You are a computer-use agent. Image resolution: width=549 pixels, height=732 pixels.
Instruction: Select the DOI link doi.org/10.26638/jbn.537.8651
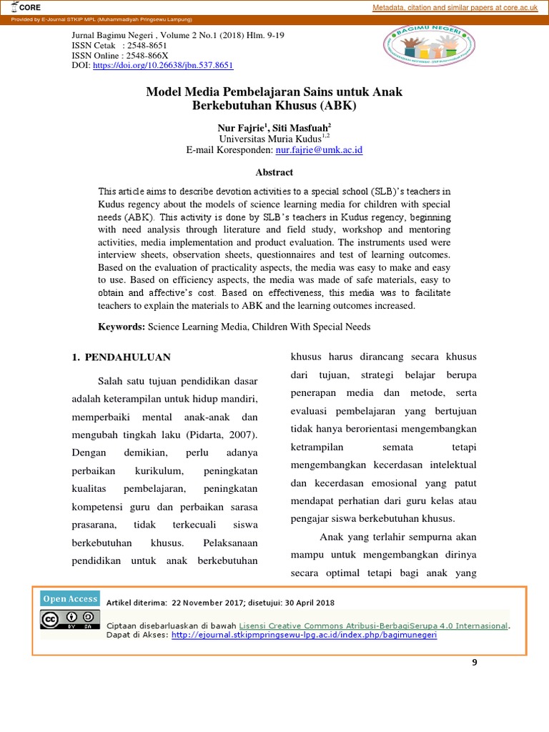164,65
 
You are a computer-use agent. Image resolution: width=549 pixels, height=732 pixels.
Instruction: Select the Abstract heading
274,172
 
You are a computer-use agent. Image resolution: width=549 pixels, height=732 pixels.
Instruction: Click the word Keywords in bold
122,327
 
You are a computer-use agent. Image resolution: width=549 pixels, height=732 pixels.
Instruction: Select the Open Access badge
70,599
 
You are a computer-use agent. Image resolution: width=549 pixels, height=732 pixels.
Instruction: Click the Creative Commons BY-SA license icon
70,620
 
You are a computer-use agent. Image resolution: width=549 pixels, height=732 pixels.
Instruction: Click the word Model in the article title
165,92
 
